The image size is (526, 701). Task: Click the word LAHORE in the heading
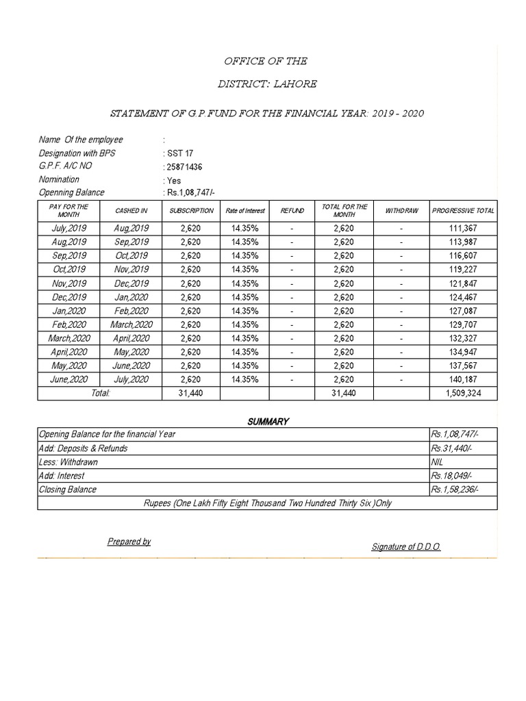(x=295, y=84)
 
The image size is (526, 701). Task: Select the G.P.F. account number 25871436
(x=184, y=167)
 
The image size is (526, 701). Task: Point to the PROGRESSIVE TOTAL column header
(x=463, y=211)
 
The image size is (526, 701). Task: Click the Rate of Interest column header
(x=245, y=211)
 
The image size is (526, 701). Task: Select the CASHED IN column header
(x=131, y=211)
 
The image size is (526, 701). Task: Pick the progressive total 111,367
(x=463, y=228)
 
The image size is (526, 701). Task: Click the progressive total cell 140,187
(x=463, y=379)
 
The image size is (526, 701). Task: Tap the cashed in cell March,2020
(x=131, y=324)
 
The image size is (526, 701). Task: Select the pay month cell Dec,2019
(x=68, y=296)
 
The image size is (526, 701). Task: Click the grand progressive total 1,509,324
(x=463, y=394)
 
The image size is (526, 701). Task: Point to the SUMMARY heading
(x=268, y=422)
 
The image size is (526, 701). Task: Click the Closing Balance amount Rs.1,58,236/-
(x=454, y=489)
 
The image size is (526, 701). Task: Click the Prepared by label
(x=129, y=541)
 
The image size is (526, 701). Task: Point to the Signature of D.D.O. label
(x=406, y=546)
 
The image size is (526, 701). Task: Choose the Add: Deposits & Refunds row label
(x=83, y=448)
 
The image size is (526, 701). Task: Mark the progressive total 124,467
(x=463, y=296)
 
